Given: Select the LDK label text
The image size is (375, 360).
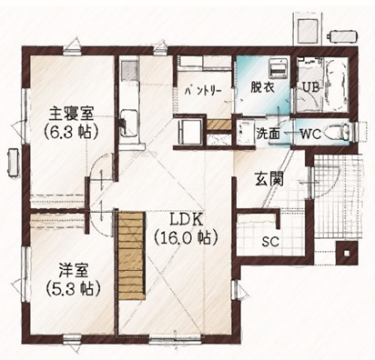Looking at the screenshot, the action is (x=186, y=220).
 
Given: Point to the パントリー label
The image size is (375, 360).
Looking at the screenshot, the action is (x=203, y=91).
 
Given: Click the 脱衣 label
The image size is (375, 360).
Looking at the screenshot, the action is (x=262, y=87).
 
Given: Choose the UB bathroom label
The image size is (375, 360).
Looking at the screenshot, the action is (x=310, y=87).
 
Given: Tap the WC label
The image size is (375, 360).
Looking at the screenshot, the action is (x=310, y=134).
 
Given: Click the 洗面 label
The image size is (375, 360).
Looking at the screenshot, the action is (x=268, y=134).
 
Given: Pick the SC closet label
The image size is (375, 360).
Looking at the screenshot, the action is (x=270, y=242).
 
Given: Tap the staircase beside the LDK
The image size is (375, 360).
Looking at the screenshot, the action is (x=131, y=255).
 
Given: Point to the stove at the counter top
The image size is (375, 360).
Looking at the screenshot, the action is (x=129, y=70).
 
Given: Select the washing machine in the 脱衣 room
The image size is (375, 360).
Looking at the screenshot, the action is (x=278, y=69).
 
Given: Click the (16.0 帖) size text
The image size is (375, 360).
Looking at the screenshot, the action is (x=186, y=237).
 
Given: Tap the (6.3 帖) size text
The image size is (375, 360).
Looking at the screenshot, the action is (x=71, y=132).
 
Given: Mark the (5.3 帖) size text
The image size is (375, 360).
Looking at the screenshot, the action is (x=73, y=289).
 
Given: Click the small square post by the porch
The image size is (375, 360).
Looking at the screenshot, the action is (x=346, y=253).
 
